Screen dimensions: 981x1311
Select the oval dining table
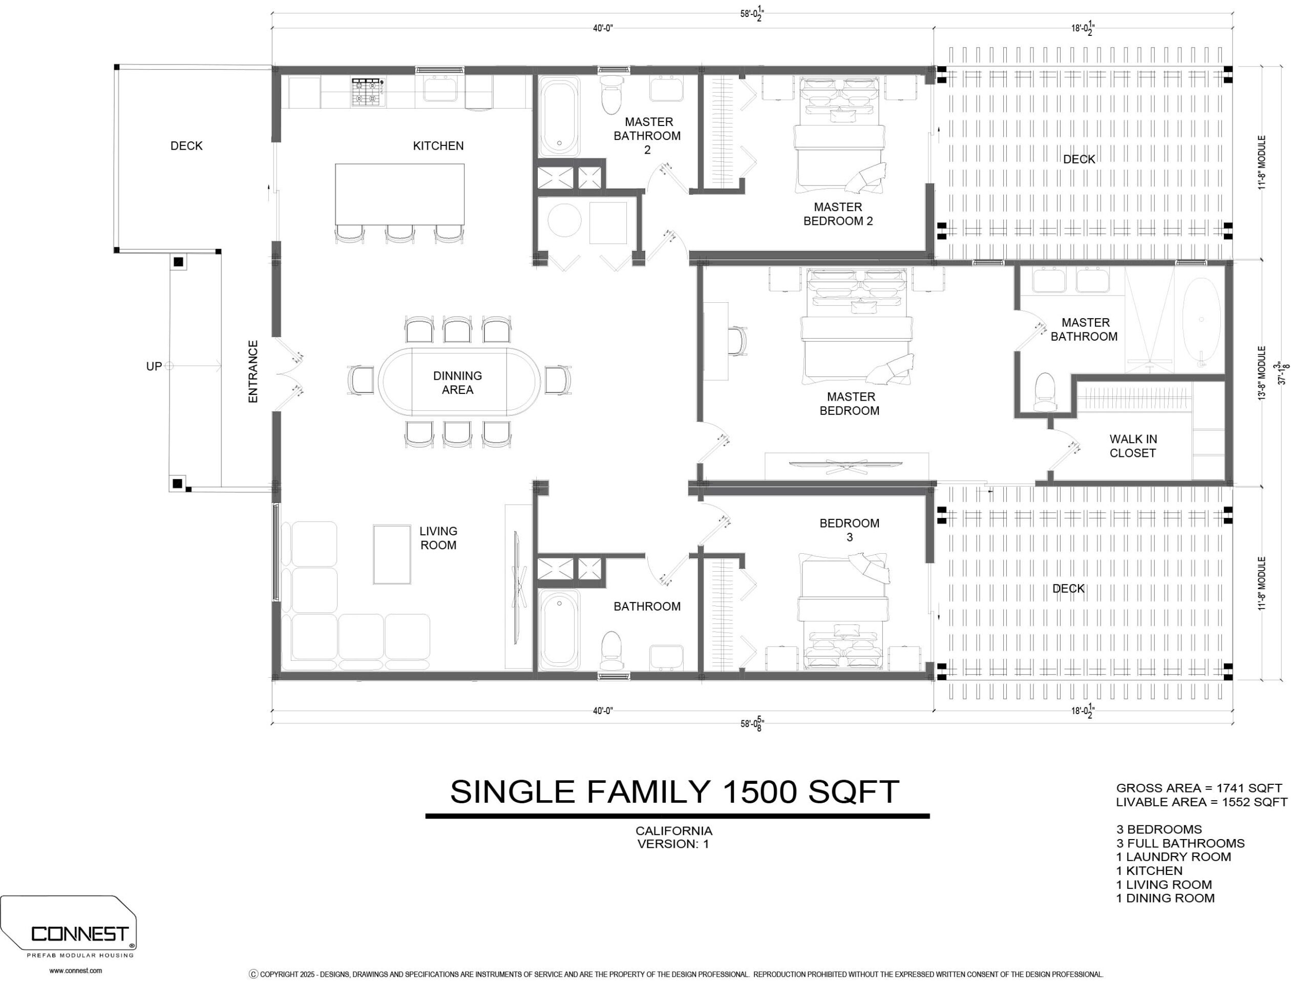click(x=459, y=382)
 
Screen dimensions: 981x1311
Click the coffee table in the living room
click(x=392, y=554)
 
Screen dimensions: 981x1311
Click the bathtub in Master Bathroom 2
click(x=559, y=116)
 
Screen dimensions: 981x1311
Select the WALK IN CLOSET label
click(x=1133, y=446)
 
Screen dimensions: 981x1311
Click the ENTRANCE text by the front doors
click(x=253, y=372)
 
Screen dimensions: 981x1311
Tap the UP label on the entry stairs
click(x=154, y=366)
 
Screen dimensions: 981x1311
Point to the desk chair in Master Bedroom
click(x=738, y=341)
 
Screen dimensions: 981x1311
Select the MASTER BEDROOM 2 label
click(x=837, y=214)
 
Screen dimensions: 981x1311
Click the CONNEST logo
click(x=79, y=934)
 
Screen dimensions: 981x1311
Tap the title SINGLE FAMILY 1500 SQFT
click(x=674, y=791)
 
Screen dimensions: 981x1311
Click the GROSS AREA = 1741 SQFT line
click(x=1198, y=788)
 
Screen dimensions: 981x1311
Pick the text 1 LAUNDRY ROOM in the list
click(x=1173, y=857)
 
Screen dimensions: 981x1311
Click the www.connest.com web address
click(x=75, y=971)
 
